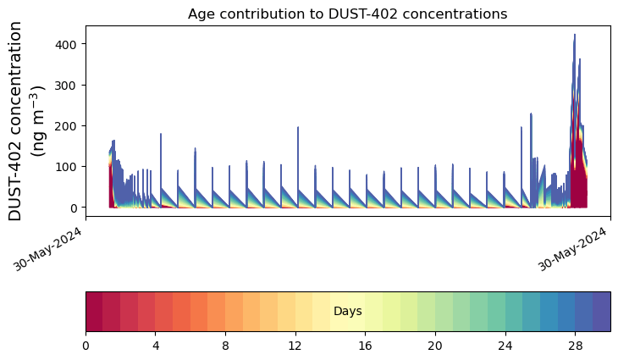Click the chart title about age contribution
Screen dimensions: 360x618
pos(347,14)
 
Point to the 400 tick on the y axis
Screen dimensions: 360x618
pos(69,44)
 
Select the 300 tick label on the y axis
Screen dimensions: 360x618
pos(69,85)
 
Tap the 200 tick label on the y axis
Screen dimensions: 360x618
pos(69,125)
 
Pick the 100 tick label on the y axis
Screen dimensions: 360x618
pos(69,167)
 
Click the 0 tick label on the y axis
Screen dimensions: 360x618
pos(74,208)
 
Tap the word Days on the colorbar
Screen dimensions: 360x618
pos(347,312)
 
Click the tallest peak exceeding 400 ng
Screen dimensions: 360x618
pos(574,36)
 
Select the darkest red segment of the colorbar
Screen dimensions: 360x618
pos(94,311)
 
